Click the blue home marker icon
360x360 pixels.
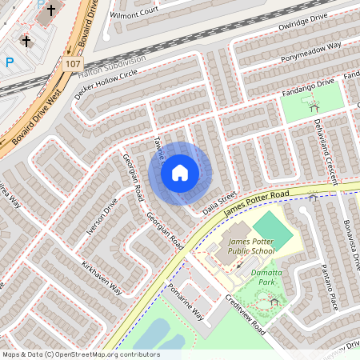180,172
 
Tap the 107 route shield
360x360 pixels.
73,63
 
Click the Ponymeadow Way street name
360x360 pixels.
311,53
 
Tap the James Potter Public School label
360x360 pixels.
250,246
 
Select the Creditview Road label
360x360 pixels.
246,315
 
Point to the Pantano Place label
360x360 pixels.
328,285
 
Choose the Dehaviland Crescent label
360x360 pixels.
328,147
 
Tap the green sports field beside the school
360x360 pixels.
274,227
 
